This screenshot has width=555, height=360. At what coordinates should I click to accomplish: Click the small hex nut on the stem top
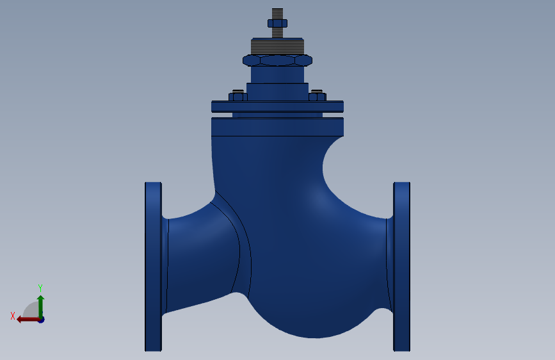tap(278, 24)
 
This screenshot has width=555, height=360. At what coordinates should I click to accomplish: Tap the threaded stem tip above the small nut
tap(278, 14)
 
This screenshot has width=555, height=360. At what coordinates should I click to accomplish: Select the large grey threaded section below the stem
tap(278, 46)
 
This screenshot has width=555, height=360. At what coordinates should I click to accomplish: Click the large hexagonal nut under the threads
tap(278, 60)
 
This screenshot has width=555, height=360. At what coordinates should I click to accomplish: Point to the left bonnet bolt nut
tap(238, 96)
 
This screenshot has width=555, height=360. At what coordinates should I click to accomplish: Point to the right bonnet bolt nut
tap(317, 96)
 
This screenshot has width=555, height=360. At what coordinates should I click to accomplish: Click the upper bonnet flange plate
tap(278, 106)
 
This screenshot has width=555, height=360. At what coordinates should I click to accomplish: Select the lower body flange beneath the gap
tap(278, 127)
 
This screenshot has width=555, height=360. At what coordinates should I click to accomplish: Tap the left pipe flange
tap(153, 266)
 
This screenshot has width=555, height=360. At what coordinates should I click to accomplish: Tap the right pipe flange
tap(402, 266)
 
